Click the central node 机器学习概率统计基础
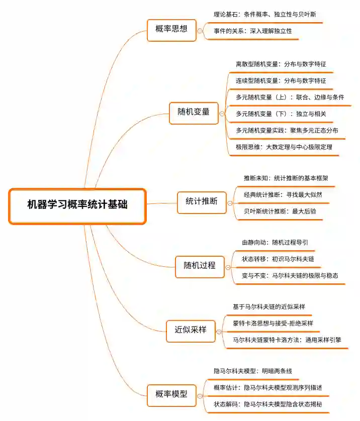[x=77, y=205]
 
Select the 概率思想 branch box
[x=171, y=29]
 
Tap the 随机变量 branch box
[x=193, y=112]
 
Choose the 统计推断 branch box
[x=201, y=201]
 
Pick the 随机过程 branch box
[x=199, y=265]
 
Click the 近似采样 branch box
[x=191, y=330]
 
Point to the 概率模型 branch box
[x=172, y=394]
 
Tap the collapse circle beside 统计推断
[x=230, y=203]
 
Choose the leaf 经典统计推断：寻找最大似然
[x=283, y=194]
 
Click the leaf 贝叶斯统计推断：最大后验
[x=280, y=212]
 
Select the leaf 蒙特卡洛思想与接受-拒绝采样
[x=273, y=323]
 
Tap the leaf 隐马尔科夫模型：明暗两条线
[x=252, y=371]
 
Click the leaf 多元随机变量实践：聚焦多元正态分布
[x=287, y=131]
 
